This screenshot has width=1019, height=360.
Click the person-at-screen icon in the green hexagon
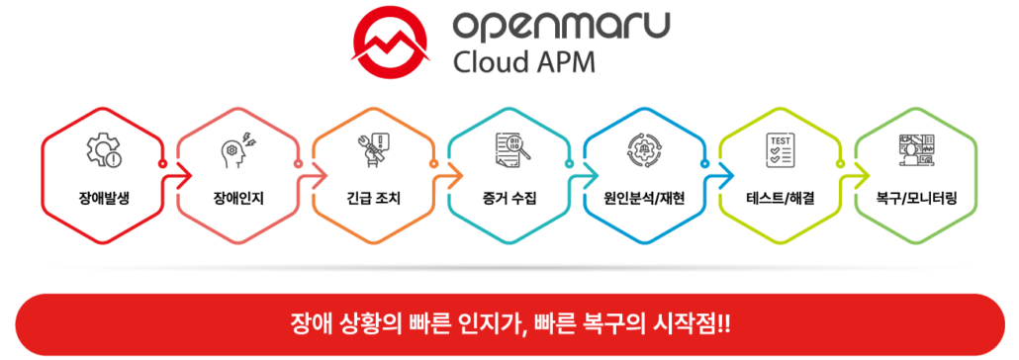click(x=915, y=149)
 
